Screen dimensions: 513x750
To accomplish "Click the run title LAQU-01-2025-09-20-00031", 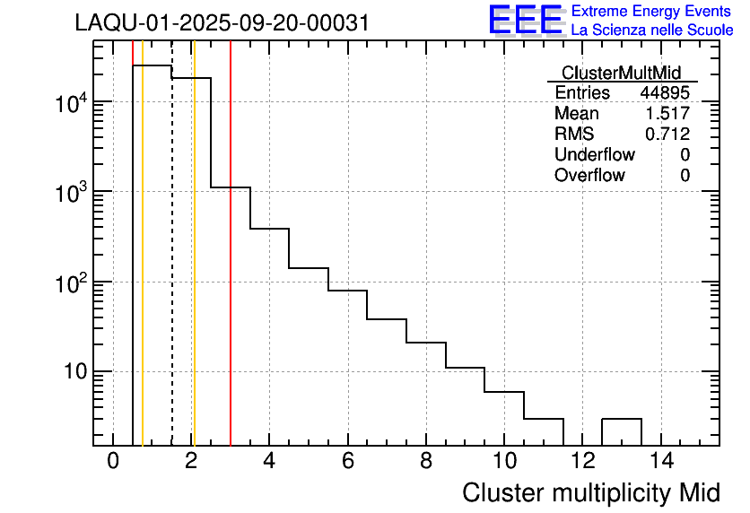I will (x=222, y=23).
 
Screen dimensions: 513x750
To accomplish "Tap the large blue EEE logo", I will (x=526, y=20).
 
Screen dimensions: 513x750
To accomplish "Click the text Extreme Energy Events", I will (x=652, y=11).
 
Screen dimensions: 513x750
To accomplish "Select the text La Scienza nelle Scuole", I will (x=652, y=30).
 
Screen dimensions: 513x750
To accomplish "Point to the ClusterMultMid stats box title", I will (x=621, y=73).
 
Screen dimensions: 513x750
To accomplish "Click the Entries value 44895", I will (x=665, y=93).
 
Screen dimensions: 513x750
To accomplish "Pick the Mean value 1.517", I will (x=667, y=114).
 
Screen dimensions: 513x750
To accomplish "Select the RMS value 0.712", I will (x=667, y=135).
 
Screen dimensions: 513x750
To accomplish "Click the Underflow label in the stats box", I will (x=594, y=155).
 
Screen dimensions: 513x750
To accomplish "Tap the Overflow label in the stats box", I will (x=589, y=176).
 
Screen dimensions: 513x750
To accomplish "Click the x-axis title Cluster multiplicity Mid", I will (x=591, y=492).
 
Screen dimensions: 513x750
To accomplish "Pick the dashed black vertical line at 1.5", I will (x=172, y=269).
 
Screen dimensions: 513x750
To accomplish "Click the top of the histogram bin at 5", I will (x=309, y=268).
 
